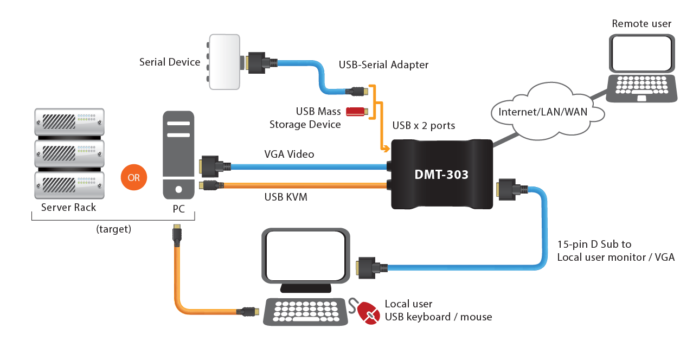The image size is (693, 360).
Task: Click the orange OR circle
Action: point(133,178)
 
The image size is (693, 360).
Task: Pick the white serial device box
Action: point(224,62)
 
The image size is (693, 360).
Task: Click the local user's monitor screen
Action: point(305,255)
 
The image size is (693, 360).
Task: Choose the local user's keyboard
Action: point(305,311)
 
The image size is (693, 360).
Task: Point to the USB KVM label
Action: point(286,197)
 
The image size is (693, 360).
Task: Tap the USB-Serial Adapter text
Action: point(383,65)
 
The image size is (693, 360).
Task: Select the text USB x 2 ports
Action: point(424,126)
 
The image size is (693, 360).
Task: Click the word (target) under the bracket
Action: point(113,229)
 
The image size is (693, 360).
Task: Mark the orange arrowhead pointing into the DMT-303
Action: point(386,148)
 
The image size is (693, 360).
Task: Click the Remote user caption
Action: point(641,24)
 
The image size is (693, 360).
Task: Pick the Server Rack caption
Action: point(68,208)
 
